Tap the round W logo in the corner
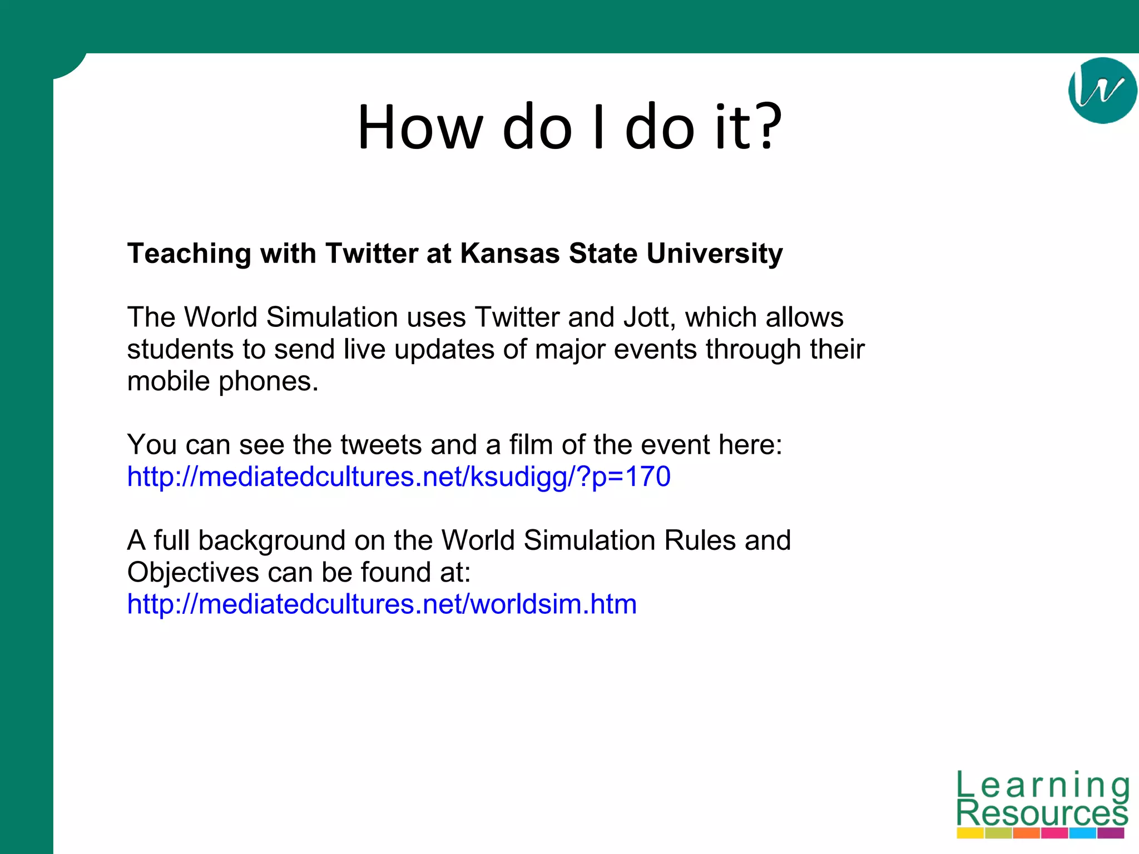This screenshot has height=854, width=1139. point(1102,91)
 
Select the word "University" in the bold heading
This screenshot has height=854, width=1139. point(714,254)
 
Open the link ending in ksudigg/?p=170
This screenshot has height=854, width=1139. point(398,477)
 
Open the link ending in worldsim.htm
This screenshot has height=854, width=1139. point(382,604)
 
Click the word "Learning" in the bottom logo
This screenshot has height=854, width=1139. point(1043,786)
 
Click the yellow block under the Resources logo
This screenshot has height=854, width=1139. point(970,833)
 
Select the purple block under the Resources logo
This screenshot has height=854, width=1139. point(1111,833)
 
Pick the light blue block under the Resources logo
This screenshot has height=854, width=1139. point(1082,833)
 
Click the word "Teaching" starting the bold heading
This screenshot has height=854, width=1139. point(189,255)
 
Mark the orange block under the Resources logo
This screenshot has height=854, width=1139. point(1026,833)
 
